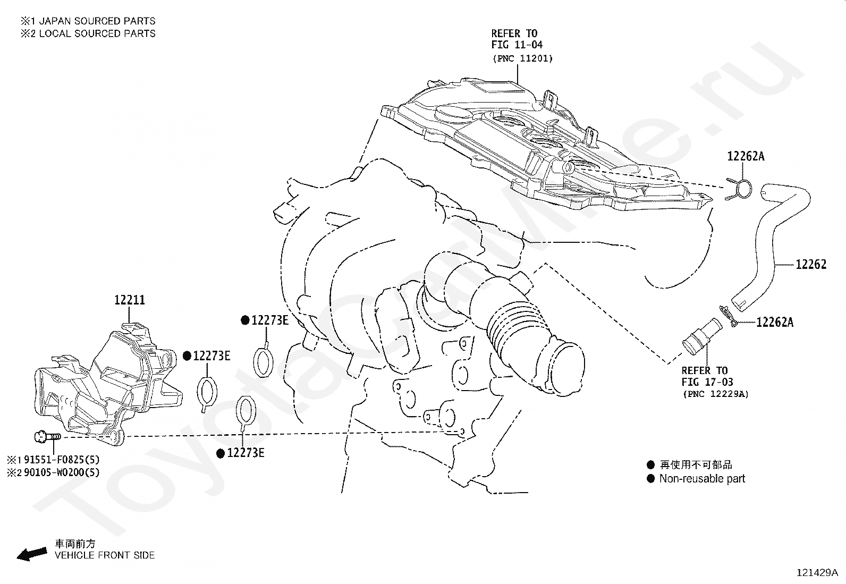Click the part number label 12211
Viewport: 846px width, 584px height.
(130, 300)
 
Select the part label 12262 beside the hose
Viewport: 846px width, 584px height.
(811, 264)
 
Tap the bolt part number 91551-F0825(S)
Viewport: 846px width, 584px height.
(62, 460)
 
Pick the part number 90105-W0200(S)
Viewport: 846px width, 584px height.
(62, 472)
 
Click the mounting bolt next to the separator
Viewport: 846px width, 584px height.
(47, 437)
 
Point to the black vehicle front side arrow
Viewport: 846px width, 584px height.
(32, 554)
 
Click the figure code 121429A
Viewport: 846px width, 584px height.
(817, 573)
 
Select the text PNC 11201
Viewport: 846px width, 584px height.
(523, 58)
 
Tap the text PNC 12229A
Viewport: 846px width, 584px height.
(716, 394)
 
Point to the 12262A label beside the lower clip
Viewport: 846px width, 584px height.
(775, 322)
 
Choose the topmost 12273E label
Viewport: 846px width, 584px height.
(269, 320)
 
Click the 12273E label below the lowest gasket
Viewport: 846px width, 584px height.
(246, 453)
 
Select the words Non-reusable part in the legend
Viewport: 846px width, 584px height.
(702, 479)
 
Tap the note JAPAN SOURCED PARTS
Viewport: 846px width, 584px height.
(97, 21)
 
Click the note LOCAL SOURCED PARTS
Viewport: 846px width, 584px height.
(97, 33)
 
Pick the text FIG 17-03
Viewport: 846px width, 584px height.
(707, 382)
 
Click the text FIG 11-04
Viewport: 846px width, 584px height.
(517, 45)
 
